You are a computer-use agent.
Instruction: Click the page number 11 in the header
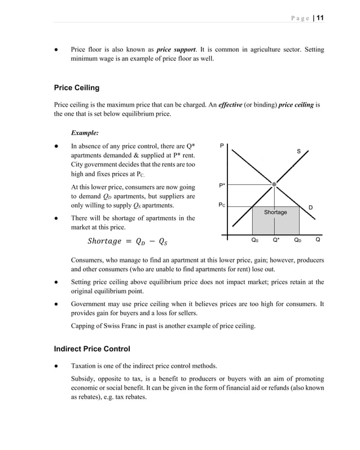(320, 17)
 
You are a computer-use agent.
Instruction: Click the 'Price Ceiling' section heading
(77, 88)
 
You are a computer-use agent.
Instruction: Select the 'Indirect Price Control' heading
(92, 348)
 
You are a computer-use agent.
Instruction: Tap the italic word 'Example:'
(85, 133)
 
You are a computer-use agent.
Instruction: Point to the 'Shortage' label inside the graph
(275, 212)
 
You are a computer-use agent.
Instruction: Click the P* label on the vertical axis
(222, 185)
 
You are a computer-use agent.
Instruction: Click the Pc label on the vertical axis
(222, 205)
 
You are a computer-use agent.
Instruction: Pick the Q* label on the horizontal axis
(276, 240)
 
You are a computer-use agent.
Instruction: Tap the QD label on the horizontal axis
(297, 240)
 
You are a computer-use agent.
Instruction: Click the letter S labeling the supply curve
(298, 151)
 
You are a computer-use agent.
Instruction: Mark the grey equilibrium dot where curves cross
(274, 184)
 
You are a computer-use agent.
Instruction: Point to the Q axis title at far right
(318, 240)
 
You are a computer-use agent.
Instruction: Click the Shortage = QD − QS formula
(128, 241)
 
